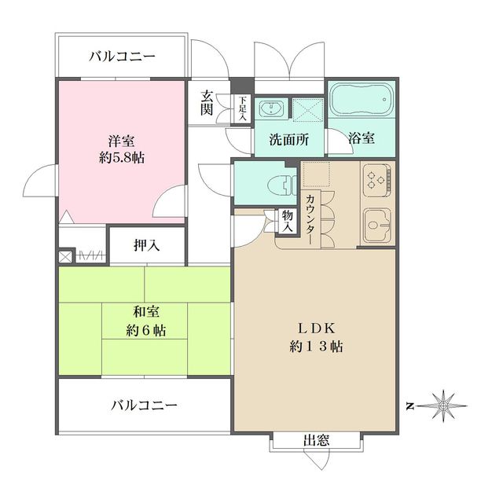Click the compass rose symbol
pos(444,406)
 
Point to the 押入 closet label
pos(146,245)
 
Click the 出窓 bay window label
pos(316,442)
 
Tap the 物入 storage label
pos(288,221)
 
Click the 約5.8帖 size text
pos(122,157)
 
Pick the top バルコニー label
pos(122,56)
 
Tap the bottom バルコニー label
pos(144,406)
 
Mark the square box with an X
pos(65,256)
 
